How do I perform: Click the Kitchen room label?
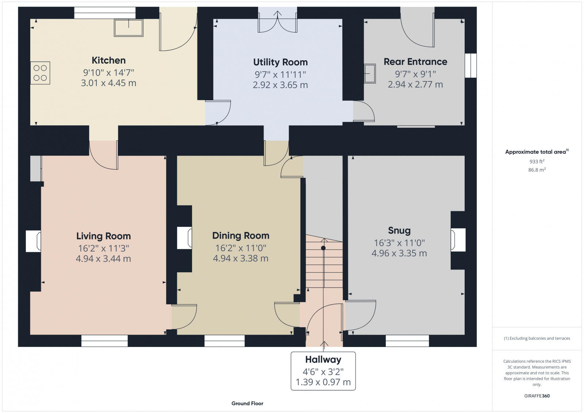click(x=108, y=60)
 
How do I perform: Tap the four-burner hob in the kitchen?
click(x=40, y=73)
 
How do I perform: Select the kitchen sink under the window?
click(x=128, y=28)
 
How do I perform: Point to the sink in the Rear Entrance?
click(x=370, y=73)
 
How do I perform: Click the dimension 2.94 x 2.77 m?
click(x=415, y=85)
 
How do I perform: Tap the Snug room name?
click(x=399, y=231)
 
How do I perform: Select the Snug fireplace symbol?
click(x=458, y=240)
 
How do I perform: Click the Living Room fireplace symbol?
click(x=33, y=241)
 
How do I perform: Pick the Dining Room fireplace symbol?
click(x=184, y=238)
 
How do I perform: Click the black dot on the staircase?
click(x=323, y=248)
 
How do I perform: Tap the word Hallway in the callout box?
click(x=323, y=360)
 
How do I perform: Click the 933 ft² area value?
click(x=537, y=161)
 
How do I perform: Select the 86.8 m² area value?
click(x=537, y=170)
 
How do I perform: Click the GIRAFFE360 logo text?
click(x=537, y=396)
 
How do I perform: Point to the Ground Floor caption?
click(x=247, y=404)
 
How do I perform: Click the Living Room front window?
click(x=104, y=341)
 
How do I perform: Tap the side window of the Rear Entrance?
click(x=470, y=66)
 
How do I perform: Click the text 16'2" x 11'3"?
click(x=103, y=248)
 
